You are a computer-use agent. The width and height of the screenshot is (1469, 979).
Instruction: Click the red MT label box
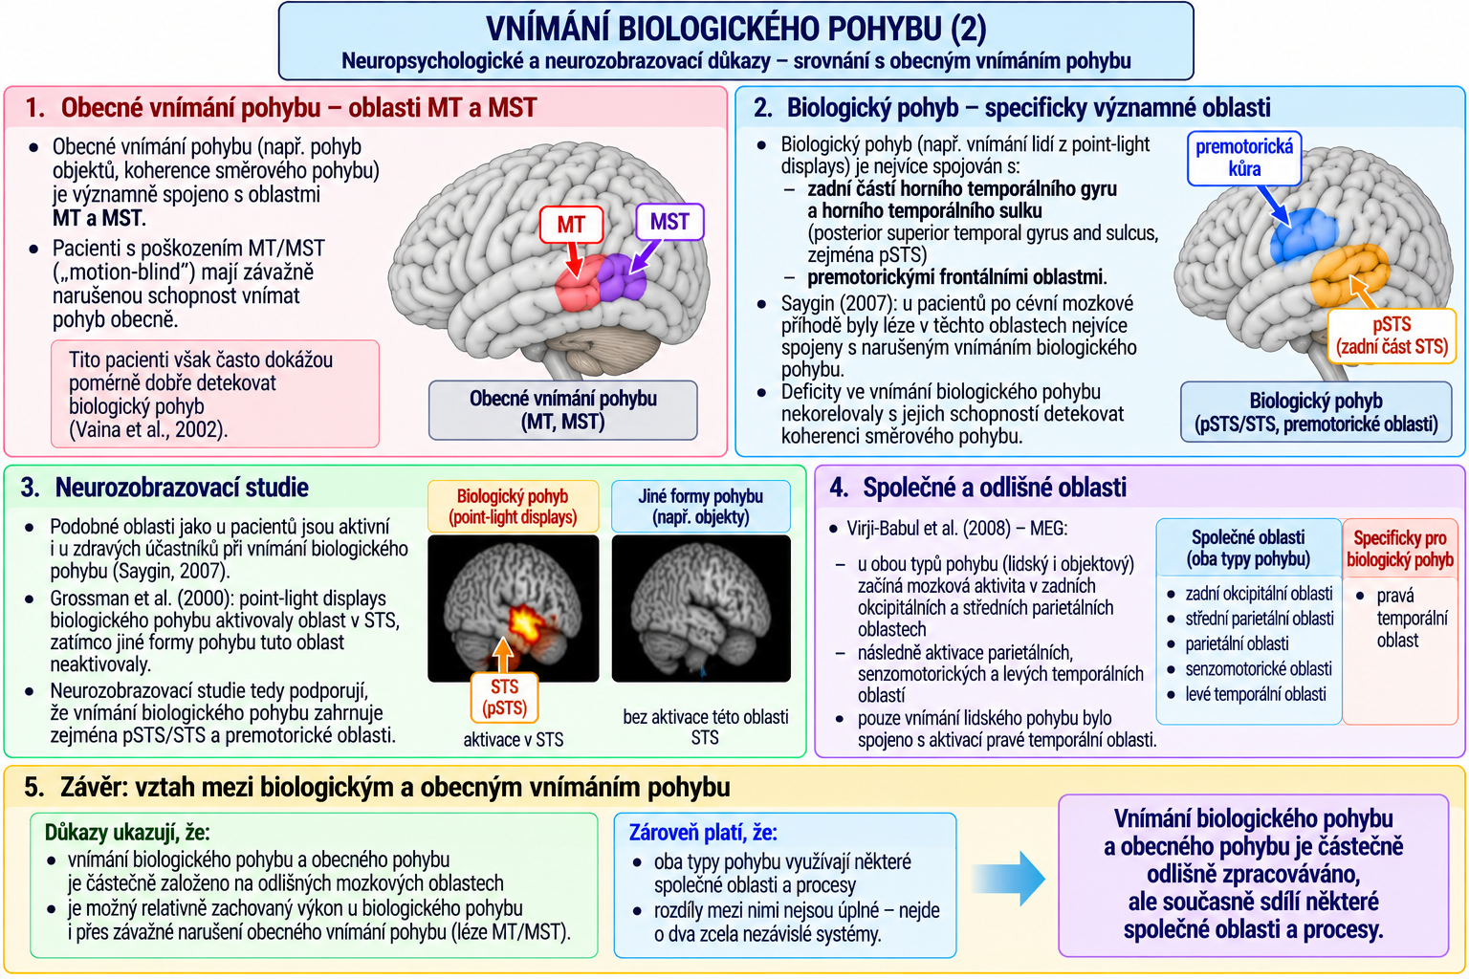[571, 225]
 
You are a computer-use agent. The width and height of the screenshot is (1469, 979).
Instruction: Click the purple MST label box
[669, 222]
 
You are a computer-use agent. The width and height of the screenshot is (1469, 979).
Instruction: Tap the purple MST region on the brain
[622, 278]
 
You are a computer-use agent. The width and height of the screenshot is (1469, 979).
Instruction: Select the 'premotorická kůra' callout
[1244, 158]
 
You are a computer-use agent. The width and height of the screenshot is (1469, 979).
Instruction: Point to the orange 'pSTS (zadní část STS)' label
[1392, 336]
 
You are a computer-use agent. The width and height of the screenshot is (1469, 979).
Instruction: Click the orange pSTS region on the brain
[1349, 275]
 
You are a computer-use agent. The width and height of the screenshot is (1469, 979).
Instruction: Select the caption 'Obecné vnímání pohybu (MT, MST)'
[562, 410]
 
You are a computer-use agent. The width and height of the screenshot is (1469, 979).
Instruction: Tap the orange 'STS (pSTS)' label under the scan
[504, 698]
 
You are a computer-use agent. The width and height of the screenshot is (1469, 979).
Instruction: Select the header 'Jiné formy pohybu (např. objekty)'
[700, 506]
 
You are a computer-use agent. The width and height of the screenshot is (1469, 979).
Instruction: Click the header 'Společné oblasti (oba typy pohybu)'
[1248, 548]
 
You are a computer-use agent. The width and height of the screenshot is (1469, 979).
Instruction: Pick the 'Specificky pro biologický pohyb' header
[1400, 548]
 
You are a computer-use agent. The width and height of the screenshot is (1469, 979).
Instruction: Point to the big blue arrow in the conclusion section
[1009, 879]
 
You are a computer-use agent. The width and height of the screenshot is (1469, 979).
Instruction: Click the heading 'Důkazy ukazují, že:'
[127, 832]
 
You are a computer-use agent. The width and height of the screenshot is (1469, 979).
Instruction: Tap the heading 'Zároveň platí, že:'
[703, 832]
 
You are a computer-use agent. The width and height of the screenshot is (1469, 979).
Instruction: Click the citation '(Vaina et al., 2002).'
[148, 429]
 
